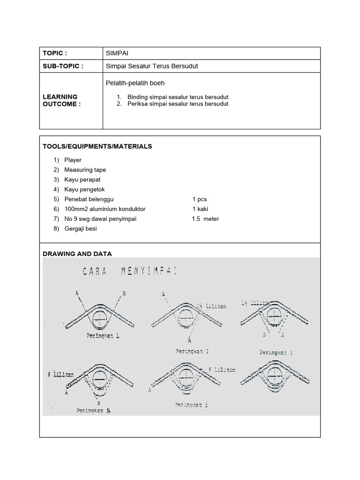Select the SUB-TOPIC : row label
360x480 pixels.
click(63, 66)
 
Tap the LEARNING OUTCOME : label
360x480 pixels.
click(61, 100)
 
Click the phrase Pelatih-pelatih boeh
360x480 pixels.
click(135, 83)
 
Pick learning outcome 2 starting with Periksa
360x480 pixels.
click(178, 104)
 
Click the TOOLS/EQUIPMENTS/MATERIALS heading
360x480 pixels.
click(97, 146)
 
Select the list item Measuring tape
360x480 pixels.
click(85, 170)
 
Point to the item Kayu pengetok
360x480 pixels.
click(84, 189)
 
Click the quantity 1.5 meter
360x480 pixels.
click(205, 219)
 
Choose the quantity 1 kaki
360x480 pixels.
click(200, 209)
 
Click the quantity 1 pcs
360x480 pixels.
click(199, 199)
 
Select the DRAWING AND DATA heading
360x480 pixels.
click(77, 254)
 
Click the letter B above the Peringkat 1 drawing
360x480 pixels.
click(124, 293)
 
